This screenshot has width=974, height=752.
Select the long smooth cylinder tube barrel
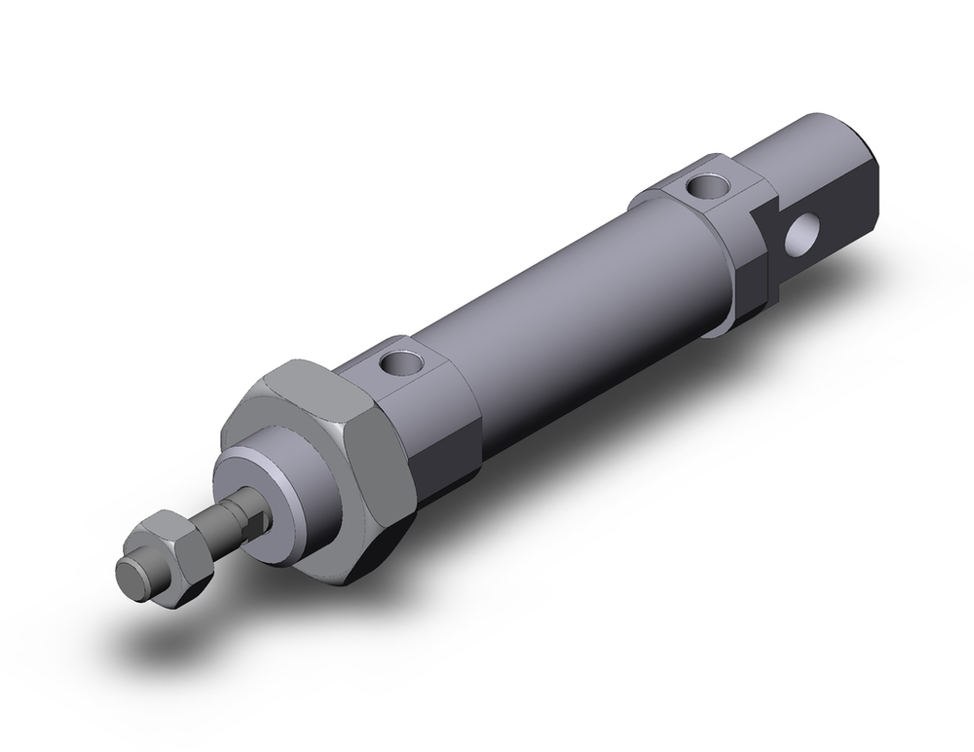pos(575,292)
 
